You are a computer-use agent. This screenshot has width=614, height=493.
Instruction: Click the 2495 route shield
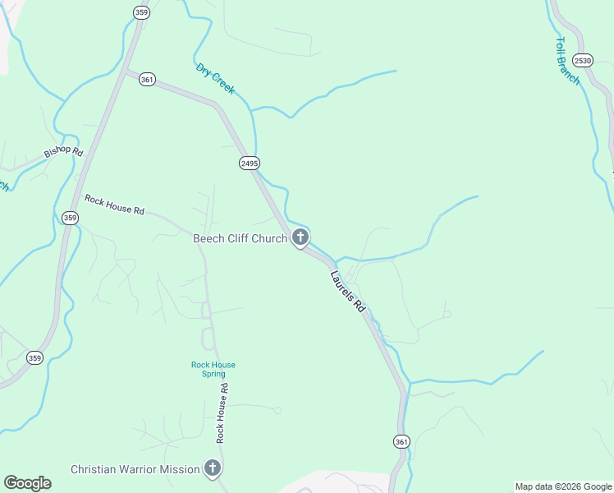tap(250, 164)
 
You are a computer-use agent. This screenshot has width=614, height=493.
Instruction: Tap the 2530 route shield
tap(583, 61)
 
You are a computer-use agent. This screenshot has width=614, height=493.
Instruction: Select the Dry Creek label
tap(215, 79)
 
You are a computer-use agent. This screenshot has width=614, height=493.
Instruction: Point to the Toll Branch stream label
tap(567, 60)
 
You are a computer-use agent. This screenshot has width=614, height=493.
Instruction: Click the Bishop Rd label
tap(64, 153)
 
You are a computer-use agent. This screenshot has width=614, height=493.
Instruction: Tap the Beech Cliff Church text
tap(240, 239)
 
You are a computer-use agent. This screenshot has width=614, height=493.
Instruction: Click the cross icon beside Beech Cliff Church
tap(300, 238)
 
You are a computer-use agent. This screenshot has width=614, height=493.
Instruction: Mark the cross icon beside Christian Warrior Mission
tap(213, 469)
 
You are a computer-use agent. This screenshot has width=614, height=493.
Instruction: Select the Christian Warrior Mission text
tap(135, 469)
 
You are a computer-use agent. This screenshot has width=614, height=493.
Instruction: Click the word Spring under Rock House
tap(213, 374)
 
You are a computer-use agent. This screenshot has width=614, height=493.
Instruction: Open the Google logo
tap(27, 483)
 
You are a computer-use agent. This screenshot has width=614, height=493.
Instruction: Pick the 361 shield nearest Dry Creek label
tap(147, 80)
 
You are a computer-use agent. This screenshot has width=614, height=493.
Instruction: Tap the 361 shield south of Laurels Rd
tap(401, 441)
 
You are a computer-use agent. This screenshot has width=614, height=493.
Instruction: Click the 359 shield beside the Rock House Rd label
tap(70, 218)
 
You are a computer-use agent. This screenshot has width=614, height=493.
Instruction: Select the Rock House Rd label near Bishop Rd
tap(114, 205)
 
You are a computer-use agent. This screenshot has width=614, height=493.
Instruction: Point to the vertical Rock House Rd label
tap(221, 413)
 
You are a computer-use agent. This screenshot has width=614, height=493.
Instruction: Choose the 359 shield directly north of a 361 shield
tap(141, 12)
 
